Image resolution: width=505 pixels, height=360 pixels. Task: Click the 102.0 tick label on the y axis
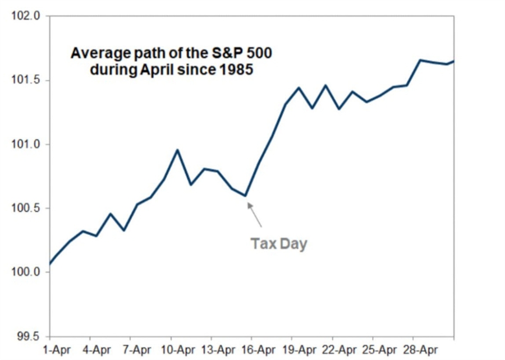[x=26, y=16]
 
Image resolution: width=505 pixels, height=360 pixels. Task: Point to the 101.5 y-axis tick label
[x=26, y=80]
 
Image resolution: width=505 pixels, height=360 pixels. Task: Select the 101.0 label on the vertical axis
[x=26, y=144]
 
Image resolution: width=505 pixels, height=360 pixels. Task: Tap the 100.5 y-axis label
[x=26, y=208]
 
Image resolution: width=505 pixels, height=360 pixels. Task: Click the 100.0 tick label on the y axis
[x=26, y=272]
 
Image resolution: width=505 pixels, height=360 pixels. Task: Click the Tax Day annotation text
[x=279, y=244]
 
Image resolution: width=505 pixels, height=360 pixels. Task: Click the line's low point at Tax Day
[x=246, y=196]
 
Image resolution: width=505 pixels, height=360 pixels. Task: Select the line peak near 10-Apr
[x=177, y=150]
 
